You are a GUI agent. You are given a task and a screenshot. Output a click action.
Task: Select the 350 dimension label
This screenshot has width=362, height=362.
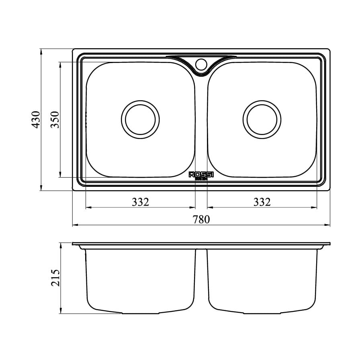(55, 120)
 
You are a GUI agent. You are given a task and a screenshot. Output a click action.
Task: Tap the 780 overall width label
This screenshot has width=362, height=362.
(201, 219)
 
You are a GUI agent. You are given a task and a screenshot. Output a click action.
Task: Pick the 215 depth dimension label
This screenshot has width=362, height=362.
(55, 278)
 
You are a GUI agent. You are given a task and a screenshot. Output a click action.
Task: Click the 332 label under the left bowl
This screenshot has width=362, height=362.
(141, 202)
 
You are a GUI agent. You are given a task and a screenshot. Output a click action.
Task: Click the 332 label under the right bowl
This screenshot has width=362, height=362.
(262, 202)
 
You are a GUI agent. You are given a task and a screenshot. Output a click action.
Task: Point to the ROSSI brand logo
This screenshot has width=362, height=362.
(201, 175)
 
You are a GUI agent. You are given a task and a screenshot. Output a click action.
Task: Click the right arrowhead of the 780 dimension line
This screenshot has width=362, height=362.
(327, 225)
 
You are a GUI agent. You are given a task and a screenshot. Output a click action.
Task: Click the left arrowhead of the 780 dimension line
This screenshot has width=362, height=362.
(75, 225)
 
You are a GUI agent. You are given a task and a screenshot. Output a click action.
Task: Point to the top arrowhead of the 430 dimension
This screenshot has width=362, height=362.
(41, 51)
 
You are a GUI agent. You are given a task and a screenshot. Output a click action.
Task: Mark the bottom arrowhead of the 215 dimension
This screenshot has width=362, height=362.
(60, 311)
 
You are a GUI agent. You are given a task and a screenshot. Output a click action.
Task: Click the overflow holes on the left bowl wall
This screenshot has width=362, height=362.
(86, 120)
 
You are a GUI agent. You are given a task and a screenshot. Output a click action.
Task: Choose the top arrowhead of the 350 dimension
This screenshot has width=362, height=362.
(60, 65)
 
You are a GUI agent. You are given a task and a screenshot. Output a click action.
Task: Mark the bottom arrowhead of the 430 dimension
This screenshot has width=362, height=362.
(41, 188)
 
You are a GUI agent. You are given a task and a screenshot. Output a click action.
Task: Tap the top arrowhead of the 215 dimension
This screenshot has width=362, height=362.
(60, 245)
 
